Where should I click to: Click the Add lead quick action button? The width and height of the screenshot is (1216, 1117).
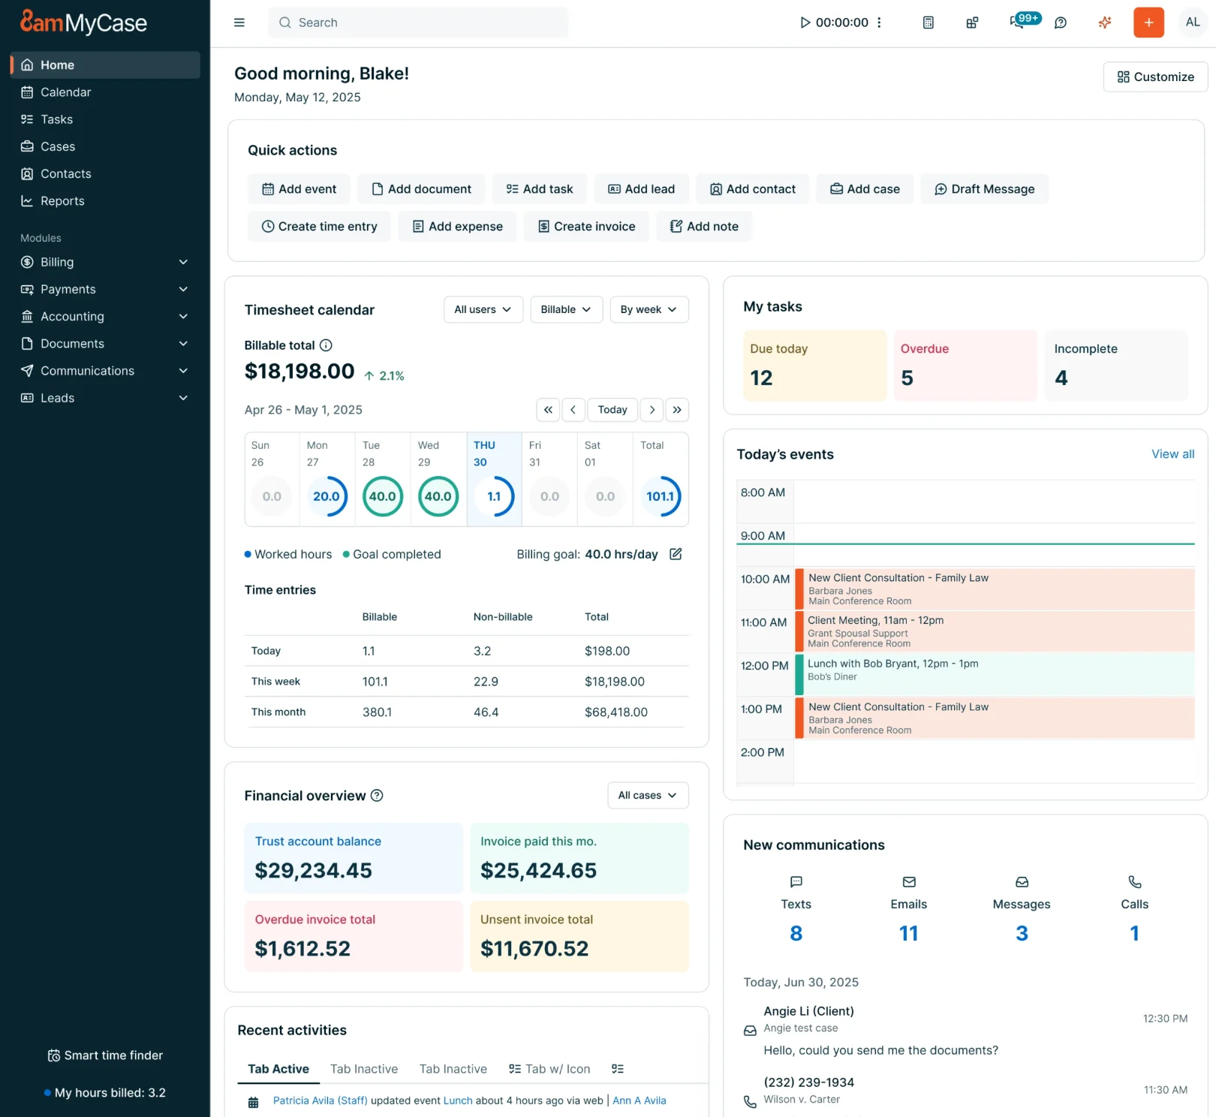(x=641, y=189)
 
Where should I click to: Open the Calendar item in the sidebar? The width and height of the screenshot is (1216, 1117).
(x=65, y=92)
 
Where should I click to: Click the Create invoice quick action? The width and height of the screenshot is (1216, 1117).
(x=586, y=227)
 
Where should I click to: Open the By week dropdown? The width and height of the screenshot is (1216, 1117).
(x=649, y=309)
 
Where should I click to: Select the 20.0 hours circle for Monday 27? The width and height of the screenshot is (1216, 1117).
(x=327, y=496)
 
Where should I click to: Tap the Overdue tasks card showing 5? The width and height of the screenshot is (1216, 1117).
(x=965, y=365)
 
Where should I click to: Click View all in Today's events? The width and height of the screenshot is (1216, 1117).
(x=1172, y=454)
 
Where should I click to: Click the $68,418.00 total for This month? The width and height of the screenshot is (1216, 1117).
(x=616, y=712)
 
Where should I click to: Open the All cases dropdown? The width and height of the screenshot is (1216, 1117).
(x=647, y=795)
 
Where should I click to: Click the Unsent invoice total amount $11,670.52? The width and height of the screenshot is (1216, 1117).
(x=534, y=948)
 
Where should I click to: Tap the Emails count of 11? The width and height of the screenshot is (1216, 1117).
(x=908, y=933)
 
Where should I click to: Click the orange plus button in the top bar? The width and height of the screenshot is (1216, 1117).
(x=1148, y=23)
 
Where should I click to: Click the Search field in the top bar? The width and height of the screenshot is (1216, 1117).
(x=418, y=23)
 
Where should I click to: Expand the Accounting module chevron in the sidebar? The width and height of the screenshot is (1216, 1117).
(x=183, y=317)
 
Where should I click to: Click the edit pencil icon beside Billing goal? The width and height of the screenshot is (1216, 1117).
(x=676, y=554)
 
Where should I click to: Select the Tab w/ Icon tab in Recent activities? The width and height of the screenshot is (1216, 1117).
(x=549, y=1069)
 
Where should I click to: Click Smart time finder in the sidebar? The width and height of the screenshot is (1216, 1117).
(x=105, y=1055)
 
